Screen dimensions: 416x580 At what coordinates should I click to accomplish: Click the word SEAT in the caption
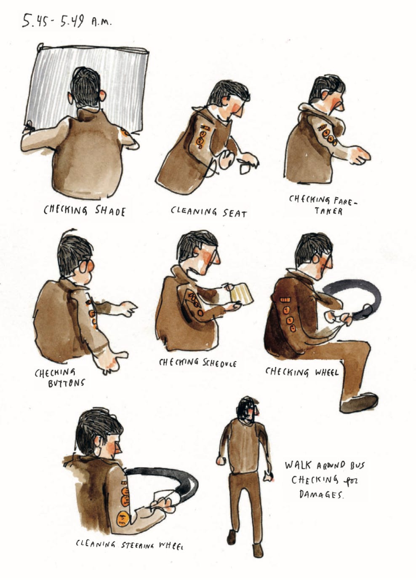pyautogui.click(x=235, y=214)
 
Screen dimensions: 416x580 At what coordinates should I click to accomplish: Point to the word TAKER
pyautogui.click(x=329, y=211)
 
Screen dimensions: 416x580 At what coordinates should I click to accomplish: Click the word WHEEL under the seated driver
pyautogui.click(x=326, y=373)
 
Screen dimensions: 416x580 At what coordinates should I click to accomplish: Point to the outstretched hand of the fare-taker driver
pyautogui.click(x=360, y=156)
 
